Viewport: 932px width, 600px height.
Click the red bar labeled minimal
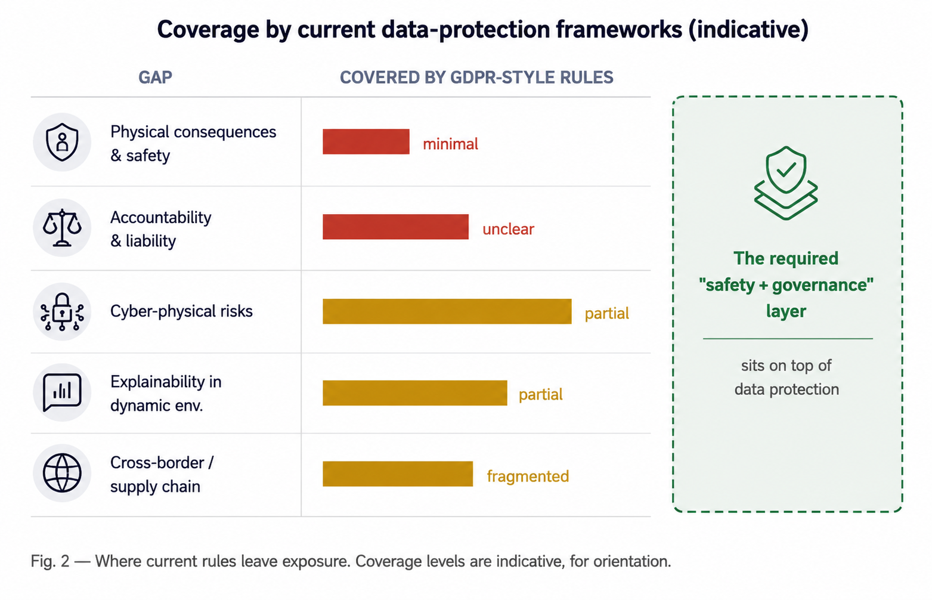pos(366,141)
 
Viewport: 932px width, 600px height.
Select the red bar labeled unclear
pos(395,227)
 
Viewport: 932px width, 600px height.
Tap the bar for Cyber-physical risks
pos(447,311)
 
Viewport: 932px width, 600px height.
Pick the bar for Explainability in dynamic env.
pos(415,393)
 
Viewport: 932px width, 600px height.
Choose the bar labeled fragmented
pos(397,474)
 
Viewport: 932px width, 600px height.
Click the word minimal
pos(450,144)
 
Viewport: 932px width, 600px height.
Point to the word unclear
pos(508,229)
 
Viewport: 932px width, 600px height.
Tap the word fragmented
pos(528,477)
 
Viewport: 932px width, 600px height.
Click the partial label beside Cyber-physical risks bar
pos(606,314)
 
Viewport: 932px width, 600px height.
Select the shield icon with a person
pos(62,142)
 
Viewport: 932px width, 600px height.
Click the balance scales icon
pos(62,228)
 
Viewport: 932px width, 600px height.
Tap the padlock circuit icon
pos(62,312)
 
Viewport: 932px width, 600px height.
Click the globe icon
pos(62,473)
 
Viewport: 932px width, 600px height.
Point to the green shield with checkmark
pos(786,183)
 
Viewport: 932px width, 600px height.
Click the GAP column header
pos(155,78)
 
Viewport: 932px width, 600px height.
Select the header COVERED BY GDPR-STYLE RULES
pos(476,78)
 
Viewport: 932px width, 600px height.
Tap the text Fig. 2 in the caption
pos(50,561)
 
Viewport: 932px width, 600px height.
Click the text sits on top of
pos(786,366)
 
